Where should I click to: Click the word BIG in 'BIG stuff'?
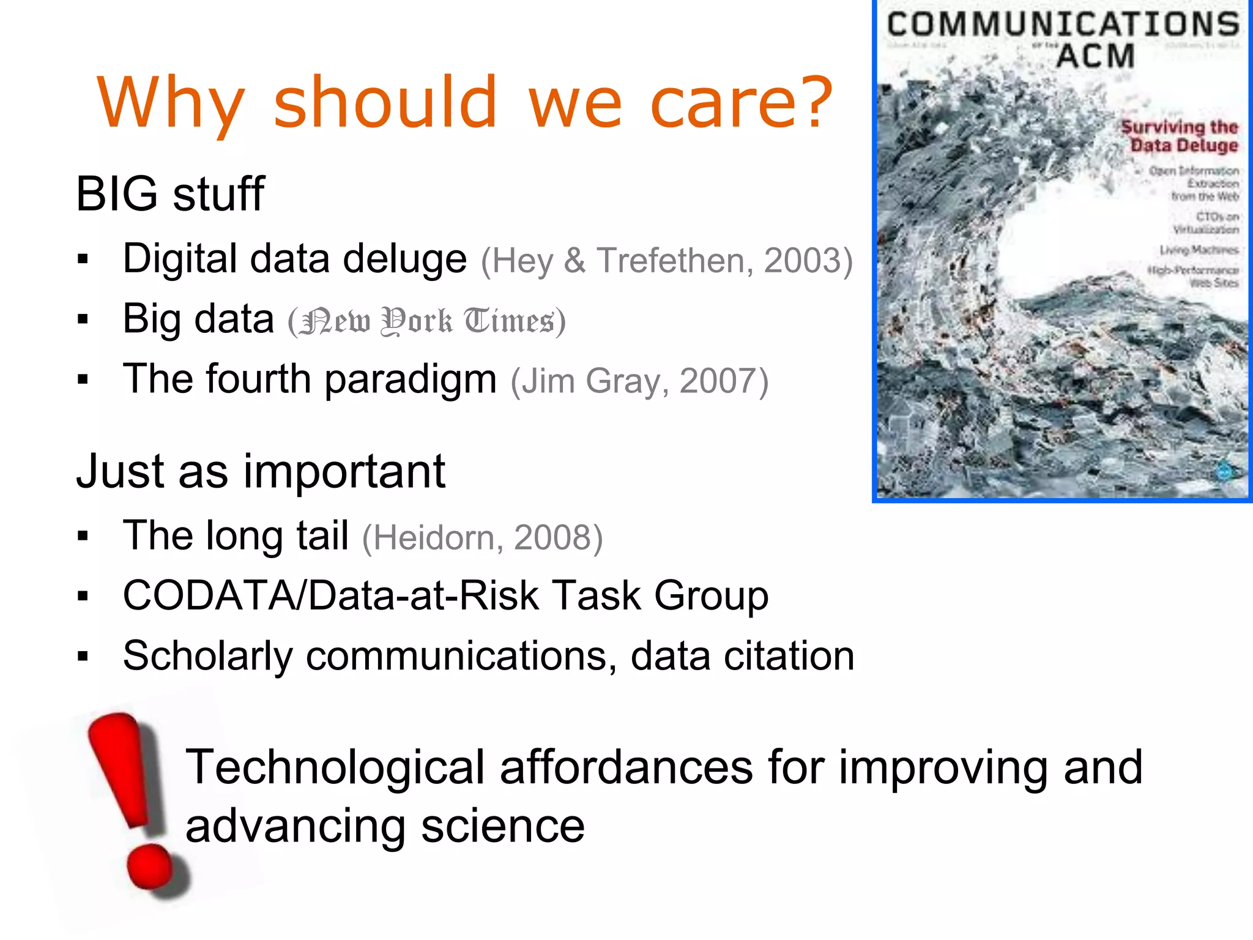pyautogui.click(x=116, y=194)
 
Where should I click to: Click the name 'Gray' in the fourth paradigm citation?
pyautogui.click(x=623, y=382)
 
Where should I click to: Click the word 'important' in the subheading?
pyautogui.click(x=344, y=472)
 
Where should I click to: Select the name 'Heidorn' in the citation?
pyautogui.click(x=433, y=538)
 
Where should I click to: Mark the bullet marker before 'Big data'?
pyautogui.click(x=83, y=319)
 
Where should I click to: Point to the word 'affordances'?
pyautogui.click(x=626, y=767)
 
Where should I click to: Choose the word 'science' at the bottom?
pyautogui.click(x=502, y=826)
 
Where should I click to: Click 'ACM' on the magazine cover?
pyautogui.click(x=1095, y=56)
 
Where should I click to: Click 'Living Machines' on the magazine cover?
pyautogui.click(x=1199, y=250)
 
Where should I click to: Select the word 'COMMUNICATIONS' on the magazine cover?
pyautogui.click(x=1063, y=25)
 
